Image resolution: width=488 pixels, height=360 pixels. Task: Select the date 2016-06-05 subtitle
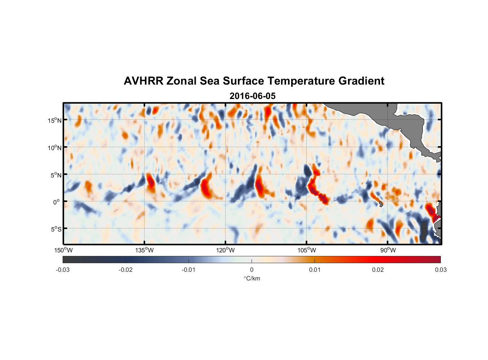point(253,96)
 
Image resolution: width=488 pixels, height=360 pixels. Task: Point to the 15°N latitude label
point(55,120)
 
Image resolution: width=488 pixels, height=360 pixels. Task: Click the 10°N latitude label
point(55,148)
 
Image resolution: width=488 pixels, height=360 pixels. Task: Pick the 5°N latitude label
point(56,175)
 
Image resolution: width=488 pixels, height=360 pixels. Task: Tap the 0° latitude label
point(57,202)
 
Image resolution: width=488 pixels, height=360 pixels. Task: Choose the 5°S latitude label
point(56,229)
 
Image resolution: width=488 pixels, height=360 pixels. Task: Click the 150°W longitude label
point(63,250)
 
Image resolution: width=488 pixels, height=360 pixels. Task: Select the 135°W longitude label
point(144,250)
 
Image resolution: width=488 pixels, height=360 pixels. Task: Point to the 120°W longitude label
point(226,250)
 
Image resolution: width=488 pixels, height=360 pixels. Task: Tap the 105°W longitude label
point(307,250)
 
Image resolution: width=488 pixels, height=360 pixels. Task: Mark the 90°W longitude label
point(388,250)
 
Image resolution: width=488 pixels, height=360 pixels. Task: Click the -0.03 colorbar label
point(63,270)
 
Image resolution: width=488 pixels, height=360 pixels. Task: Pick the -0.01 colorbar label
point(189,270)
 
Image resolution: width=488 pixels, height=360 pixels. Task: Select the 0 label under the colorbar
point(252,270)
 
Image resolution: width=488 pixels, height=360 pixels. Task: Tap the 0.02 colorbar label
point(378,270)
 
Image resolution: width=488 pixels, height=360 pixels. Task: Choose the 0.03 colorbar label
point(440,270)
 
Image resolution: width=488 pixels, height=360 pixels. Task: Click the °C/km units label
point(252,278)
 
